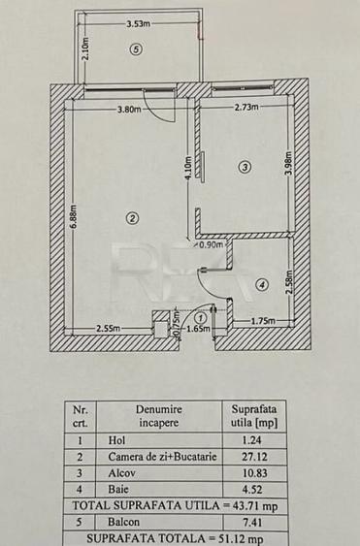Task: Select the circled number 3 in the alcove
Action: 245,168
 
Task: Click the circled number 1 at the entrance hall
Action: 200,316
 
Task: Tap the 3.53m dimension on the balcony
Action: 138,21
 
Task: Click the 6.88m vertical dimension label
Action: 73,214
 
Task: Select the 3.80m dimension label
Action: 129,109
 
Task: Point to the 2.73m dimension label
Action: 246,108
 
